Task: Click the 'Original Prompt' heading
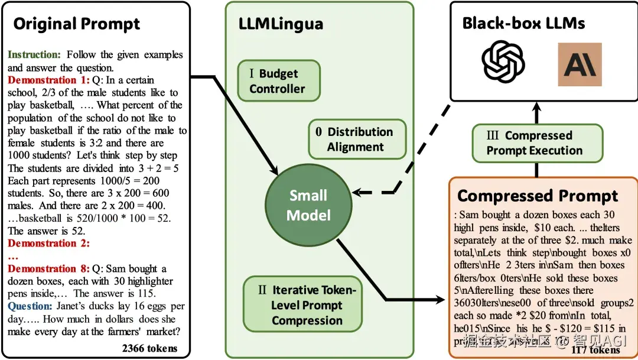(x=77, y=24)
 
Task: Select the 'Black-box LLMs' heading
(x=523, y=23)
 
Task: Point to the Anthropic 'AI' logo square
(x=579, y=64)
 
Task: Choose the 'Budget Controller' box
(x=278, y=81)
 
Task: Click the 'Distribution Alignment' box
(x=357, y=140)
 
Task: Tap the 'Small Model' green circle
(x=308, y=205)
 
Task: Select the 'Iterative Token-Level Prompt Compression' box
(x=302, y=306)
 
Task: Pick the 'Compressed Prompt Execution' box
(x=536, y=143)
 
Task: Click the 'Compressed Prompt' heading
(x=538, y=196)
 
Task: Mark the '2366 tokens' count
(x=149, y=348)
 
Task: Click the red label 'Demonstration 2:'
(x=48, y=243)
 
